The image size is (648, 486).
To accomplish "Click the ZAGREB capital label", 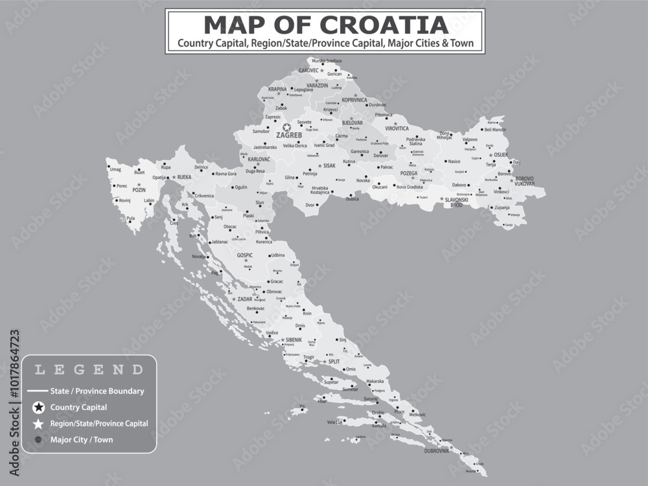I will click(289, 135).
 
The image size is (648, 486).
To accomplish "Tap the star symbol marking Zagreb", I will click(286, 128).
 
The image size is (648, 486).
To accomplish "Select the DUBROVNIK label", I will click(437, 450).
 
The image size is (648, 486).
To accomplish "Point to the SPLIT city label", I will click(334, 362).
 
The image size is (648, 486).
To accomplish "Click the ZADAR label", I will click(245, 299).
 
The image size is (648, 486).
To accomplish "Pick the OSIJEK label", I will click(501, 155).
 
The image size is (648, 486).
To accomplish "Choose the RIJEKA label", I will click(184, 176).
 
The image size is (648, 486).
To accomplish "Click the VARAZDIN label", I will click(318, 86).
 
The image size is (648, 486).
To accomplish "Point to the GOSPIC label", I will click(245, 255).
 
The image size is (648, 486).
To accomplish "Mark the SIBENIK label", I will click(294, 340).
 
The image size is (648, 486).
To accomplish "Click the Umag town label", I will click(116, 169).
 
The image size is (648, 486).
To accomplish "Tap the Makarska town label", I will click(375, 381).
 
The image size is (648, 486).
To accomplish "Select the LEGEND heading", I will click(89, 370).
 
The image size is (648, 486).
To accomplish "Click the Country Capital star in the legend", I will click(39, 408).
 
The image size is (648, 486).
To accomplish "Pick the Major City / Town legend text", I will click(82, 439).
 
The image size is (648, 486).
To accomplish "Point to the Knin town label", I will click(307, 313).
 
